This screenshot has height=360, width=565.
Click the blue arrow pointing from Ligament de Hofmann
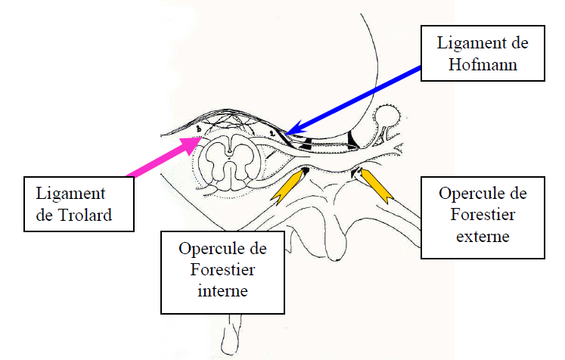click(x=355, y=98)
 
